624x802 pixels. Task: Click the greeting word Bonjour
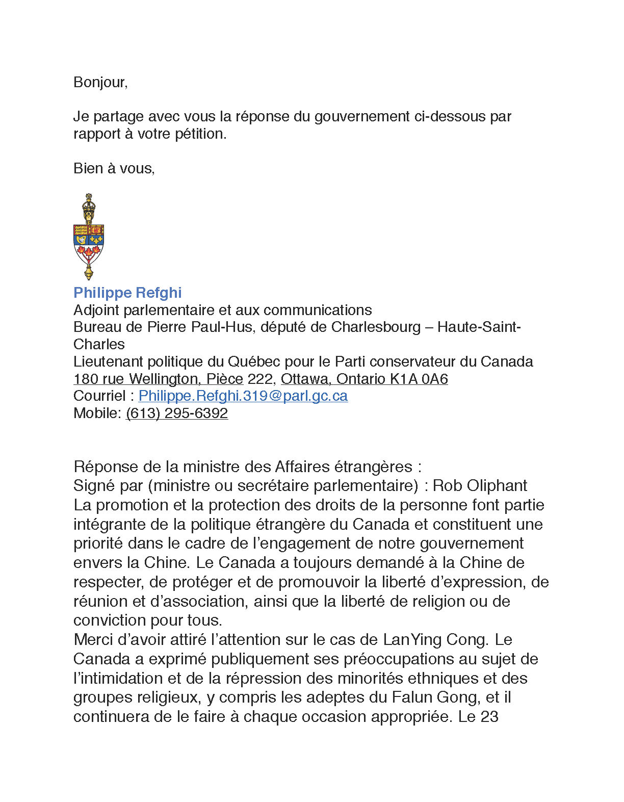(x=99, y=82)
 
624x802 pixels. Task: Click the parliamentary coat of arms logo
(x=89, y=237)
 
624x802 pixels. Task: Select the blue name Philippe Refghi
(x=127, y=293)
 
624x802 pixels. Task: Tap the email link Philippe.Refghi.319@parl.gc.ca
(x=243, y=396)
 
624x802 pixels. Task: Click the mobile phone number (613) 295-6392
(x=176, y=413)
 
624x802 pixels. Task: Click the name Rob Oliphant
(x=480, y=485)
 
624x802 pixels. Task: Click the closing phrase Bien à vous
(x=113, y=168)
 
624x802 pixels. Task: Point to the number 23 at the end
(x=489, y=716)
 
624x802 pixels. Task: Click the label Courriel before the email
(x=99, y=396)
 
